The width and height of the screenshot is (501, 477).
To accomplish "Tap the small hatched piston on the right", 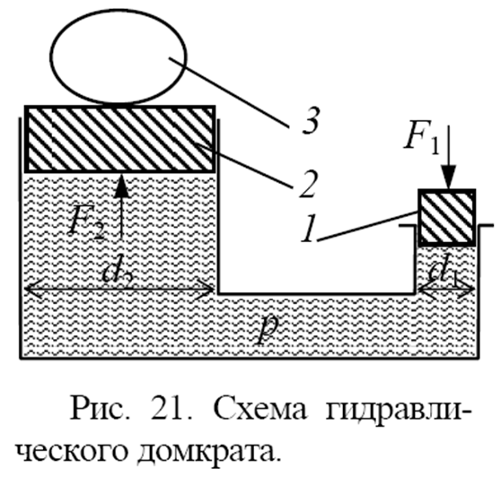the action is pos(447,218).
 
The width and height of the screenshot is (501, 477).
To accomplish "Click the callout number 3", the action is pos(310,121).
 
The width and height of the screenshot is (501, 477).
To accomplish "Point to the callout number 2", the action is pos(308,185).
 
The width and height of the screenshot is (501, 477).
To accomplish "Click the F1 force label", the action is pos(422,139).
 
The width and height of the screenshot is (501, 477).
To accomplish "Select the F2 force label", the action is pos(87,222).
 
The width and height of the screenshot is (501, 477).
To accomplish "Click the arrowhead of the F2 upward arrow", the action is pos(121,186).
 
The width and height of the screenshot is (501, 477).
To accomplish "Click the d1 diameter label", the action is pos(445,270).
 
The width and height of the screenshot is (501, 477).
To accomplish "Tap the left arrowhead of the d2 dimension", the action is pos(32,289).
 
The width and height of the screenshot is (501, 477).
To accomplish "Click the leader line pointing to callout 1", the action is pos(368,226).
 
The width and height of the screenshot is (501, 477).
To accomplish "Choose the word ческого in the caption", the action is pos(72,453).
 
